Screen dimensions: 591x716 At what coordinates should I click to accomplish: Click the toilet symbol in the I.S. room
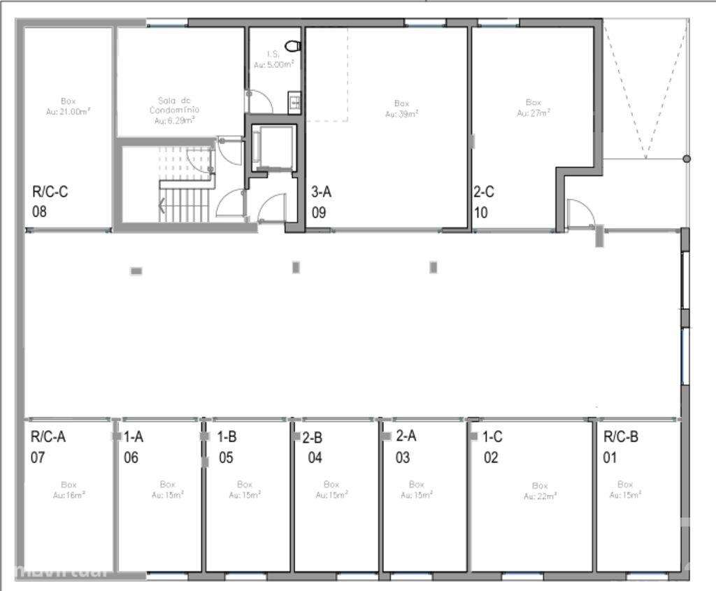(x=296, y=46)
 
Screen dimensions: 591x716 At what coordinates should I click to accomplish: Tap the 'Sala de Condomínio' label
(x=175, y=111)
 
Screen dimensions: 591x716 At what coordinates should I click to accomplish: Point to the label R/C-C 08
(x=50, y=201)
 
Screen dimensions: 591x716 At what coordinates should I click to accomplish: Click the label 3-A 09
(x=321, y=201)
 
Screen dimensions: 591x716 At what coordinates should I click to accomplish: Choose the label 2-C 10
(x=485, y=201)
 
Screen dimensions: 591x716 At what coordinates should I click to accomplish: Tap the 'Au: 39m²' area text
(x=402, y=113)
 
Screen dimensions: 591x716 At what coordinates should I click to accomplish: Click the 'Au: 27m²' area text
(x=534, y=112)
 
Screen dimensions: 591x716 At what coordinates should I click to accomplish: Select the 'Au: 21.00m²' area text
(x=68, y=111)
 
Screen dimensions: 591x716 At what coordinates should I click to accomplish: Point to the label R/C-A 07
(x=48, y=448)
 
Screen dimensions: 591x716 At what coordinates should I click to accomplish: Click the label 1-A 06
(x=133, y=448)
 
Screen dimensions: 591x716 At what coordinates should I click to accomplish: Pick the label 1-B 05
(x=227, y=448)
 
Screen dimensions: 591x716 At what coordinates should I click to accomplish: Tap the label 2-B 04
(x=313, y=448)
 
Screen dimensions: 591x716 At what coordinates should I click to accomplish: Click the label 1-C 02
(x=492, y=448)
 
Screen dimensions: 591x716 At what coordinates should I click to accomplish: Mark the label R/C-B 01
(x=620, y=448)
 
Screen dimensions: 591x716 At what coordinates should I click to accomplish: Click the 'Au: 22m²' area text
(x=540, y=496)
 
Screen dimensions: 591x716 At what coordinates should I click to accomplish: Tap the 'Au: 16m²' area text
(x=69, y=494)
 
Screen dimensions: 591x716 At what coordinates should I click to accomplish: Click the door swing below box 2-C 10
(x=580, y=213)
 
